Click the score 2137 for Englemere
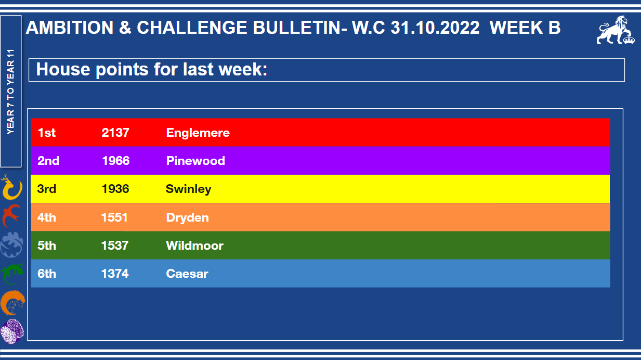[115, 133]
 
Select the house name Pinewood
[195, 161]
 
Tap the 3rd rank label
[47, 189]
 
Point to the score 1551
[114, 217]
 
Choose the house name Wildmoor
[194, 246]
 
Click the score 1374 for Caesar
[115, 274]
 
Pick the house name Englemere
[198, 133]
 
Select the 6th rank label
[47, 274]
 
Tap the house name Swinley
[188, 189]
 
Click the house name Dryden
[188, 217]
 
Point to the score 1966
[116, 161]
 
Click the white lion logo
[615, 30]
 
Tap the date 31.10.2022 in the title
[435, 28]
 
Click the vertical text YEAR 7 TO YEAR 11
[10, 92]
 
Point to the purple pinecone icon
[12, 331]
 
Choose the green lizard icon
[12, 274]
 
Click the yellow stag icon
[11, 187]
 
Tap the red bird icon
[11, 215]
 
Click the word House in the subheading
[63, 69]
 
